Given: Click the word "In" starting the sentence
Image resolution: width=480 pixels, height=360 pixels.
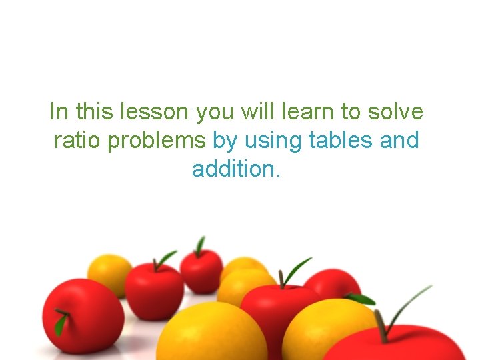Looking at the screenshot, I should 59,112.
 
